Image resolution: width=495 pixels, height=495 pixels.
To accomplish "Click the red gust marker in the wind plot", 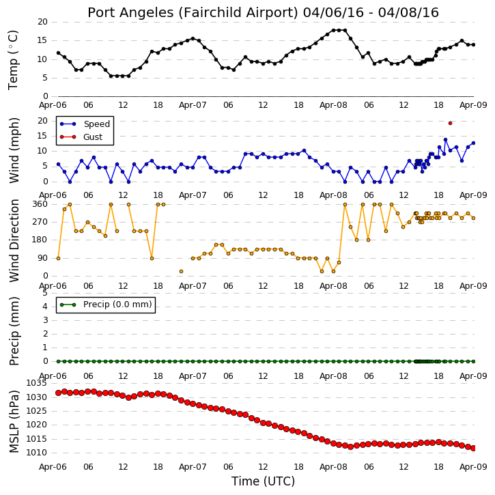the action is click(x=450, y=123).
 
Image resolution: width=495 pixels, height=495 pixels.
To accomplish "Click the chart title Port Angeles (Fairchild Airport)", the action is click(x=193, y=12).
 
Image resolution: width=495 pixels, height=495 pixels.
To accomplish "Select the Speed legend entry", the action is click(x=85, y=124).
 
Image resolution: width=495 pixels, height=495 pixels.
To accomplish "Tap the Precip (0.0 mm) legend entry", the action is click(x=106, y=305).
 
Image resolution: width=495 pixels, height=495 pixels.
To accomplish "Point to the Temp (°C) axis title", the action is click(x=13, y=60).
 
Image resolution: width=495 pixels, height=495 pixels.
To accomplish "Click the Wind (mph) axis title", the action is click(x=14, y=150).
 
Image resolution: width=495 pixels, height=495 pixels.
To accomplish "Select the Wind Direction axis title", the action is click(x=14, y=240).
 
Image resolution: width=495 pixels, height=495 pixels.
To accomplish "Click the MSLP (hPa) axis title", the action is click(x=14, y=421).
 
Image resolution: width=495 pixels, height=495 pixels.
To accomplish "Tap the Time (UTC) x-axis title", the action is click(x=263, y=481).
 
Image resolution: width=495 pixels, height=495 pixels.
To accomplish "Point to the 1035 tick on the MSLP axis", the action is click(x=36, y=383).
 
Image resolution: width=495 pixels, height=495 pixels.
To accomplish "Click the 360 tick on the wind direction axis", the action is click(x=40, y=204).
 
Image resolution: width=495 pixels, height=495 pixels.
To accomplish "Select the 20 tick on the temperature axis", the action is click(x=42, y=22).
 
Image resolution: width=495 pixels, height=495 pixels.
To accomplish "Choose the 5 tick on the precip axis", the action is click(x=45, y=293).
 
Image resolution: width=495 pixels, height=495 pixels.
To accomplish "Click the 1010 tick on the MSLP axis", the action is click(x=36, y=453).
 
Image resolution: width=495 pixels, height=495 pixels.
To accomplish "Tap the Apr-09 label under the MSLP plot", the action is click(x=473, y=466).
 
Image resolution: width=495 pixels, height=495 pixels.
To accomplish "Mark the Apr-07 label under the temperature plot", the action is click(x=193, y=105).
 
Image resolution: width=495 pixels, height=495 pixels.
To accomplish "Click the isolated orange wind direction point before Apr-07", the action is click(x=181, y=271).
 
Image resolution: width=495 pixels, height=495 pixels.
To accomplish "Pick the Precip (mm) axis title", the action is click(x=14, y=331).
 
